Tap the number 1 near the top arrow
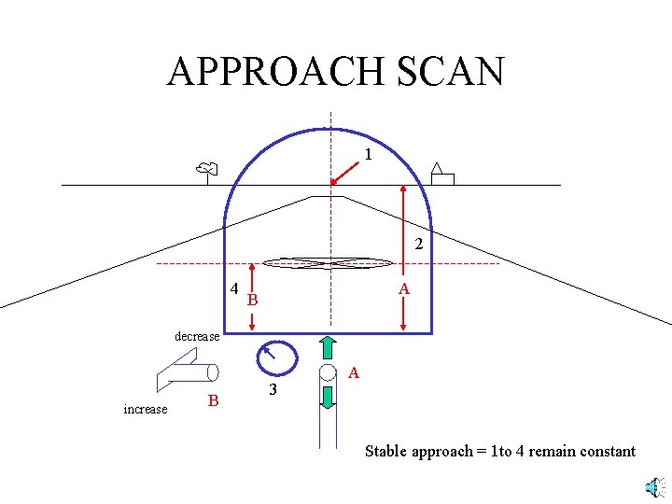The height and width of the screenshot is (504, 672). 369,155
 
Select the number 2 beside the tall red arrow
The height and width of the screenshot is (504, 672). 419,245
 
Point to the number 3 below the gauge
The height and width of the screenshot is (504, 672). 273,390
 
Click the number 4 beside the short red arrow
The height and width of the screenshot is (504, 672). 234,288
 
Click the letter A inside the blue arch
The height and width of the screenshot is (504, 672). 404,290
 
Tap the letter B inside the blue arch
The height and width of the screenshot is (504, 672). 252,301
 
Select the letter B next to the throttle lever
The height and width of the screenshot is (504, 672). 214,400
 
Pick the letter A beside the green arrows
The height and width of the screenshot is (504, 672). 354,373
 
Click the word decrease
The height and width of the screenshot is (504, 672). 197,336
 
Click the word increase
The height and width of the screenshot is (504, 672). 146,409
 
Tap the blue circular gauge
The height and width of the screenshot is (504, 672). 276,357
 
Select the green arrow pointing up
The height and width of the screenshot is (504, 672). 329,346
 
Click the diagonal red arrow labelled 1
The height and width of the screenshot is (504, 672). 344,173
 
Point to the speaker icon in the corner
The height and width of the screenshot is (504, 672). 655,487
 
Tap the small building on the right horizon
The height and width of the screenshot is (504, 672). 441,176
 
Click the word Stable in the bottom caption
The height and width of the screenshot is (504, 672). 385,452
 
